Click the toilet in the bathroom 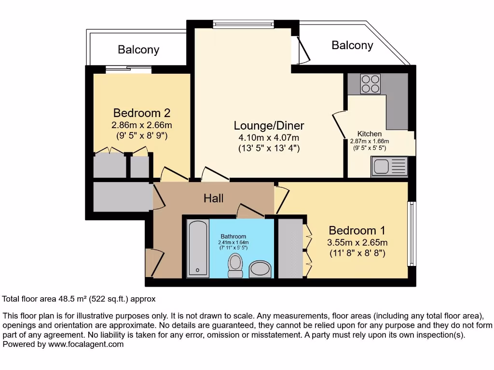235,265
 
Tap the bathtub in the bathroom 198,248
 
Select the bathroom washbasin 261,270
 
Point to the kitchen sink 389,167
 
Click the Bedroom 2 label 141,113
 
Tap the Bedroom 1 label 357,230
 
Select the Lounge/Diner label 269,126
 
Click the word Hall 213,198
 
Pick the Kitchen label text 370,134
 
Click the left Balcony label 138,50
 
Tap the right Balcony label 352,45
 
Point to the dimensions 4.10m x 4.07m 269,138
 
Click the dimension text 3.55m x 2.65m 357,242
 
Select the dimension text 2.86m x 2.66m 142,125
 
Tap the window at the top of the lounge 244,24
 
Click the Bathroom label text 233,237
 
